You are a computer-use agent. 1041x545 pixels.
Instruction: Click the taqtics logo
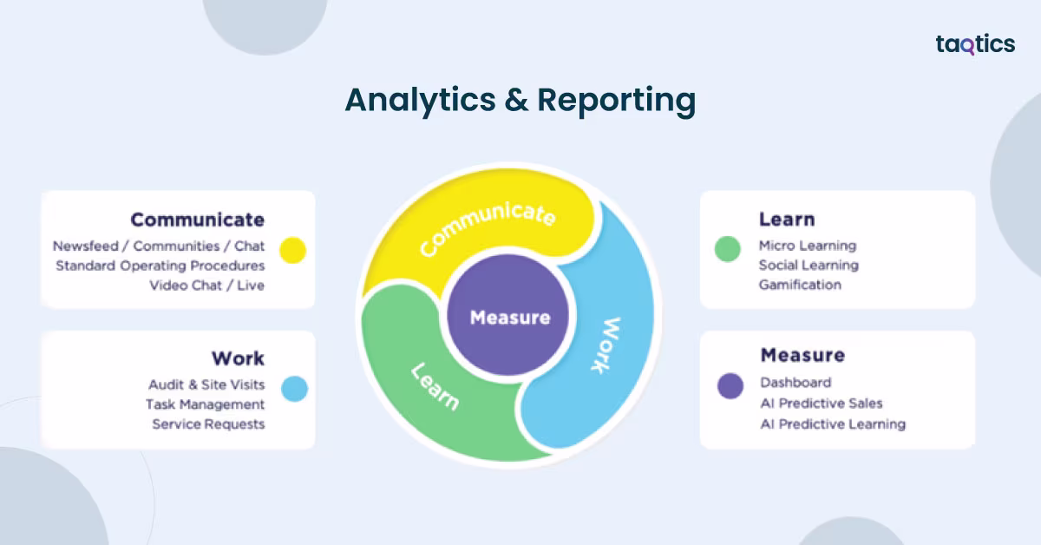coord(975,44)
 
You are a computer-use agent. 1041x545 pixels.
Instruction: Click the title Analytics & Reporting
coord(520,101)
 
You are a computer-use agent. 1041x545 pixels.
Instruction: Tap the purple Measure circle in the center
coord(510,318)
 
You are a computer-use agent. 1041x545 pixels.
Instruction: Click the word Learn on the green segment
coord(435,386)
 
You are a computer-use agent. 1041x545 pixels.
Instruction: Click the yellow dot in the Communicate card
coord(294,250)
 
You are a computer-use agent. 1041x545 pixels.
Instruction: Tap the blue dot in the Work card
coord(295,389)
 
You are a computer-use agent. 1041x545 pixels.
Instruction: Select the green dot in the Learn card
coord(727,249)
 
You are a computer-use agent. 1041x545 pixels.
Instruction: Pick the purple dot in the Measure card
coord(730,385)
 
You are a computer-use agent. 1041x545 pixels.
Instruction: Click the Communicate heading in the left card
coord(198,220)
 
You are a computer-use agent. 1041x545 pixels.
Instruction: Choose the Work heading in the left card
coord(238,358)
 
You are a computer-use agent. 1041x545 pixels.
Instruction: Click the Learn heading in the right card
coord(787,220)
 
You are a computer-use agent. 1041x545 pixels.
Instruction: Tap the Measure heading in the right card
coord(802,355)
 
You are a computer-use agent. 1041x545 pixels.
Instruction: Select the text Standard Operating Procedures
coord(160,266)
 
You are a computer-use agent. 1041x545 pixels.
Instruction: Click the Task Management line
coord(206,404)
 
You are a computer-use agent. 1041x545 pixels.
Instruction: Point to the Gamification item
coord(800,285)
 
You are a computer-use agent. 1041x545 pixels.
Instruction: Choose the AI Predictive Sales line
coord(822,404)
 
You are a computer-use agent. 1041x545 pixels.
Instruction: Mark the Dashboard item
coord(795,383)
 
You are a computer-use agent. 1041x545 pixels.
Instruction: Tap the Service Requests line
coord(208,424)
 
